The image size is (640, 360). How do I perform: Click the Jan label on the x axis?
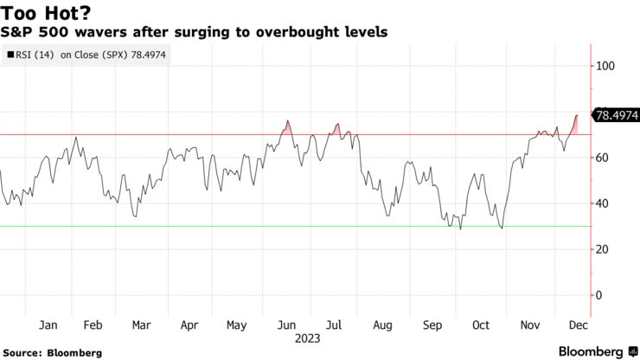[48, 325]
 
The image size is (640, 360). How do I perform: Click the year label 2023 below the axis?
[309, 338]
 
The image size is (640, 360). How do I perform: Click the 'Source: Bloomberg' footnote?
[53, 352]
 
